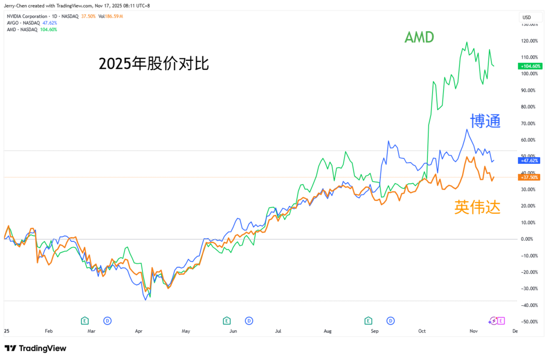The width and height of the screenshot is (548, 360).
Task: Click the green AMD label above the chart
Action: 419,37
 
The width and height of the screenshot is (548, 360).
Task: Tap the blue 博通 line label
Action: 485,121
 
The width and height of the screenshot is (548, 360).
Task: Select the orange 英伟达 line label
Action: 477,207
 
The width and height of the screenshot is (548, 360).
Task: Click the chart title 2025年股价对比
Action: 154,64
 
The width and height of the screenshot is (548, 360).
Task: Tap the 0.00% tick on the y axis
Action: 530,239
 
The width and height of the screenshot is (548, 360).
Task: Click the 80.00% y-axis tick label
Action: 529,107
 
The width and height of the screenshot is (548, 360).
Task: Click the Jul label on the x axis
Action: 278,330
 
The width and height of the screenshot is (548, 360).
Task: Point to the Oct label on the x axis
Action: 422,330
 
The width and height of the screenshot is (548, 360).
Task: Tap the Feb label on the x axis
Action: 49,330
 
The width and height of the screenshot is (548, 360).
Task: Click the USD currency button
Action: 528,17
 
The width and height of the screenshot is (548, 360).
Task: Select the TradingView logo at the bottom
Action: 35,348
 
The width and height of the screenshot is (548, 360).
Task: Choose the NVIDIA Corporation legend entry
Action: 35,16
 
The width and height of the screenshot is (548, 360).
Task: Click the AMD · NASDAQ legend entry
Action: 22,30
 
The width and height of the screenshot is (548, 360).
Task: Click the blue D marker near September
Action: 390,320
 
